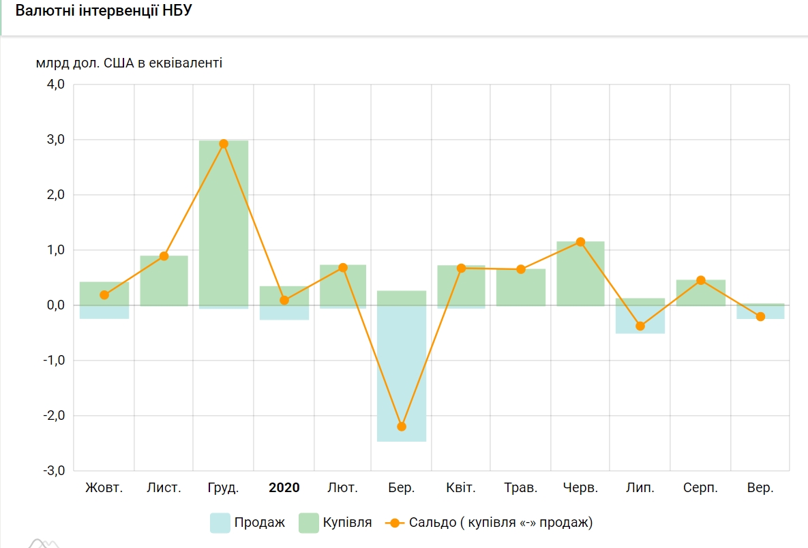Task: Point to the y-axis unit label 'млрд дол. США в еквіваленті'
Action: point(130,63)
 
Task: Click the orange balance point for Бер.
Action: point(402,427)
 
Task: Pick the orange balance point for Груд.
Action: point(224,144)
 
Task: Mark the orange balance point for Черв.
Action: point(580,242)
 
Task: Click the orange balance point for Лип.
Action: point(640,326)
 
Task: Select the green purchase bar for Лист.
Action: point(164,280)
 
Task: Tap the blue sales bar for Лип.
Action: point(640,320)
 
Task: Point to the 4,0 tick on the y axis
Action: point(55,85)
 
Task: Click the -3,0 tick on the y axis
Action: point(54,471)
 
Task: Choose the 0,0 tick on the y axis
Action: point(55,305)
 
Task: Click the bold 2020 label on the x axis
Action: point(284,488)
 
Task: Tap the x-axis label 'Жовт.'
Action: point(104,488)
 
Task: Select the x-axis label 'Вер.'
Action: point(760,488)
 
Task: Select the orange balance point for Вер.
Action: point(760,316)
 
